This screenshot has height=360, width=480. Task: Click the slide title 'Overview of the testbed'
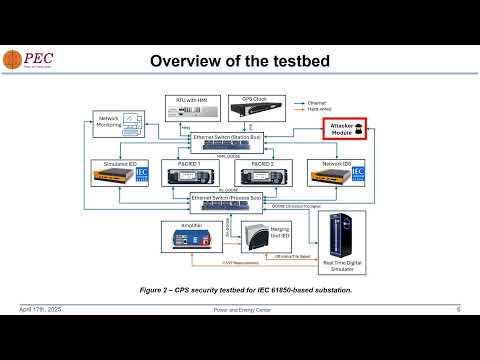pos(239,62)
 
